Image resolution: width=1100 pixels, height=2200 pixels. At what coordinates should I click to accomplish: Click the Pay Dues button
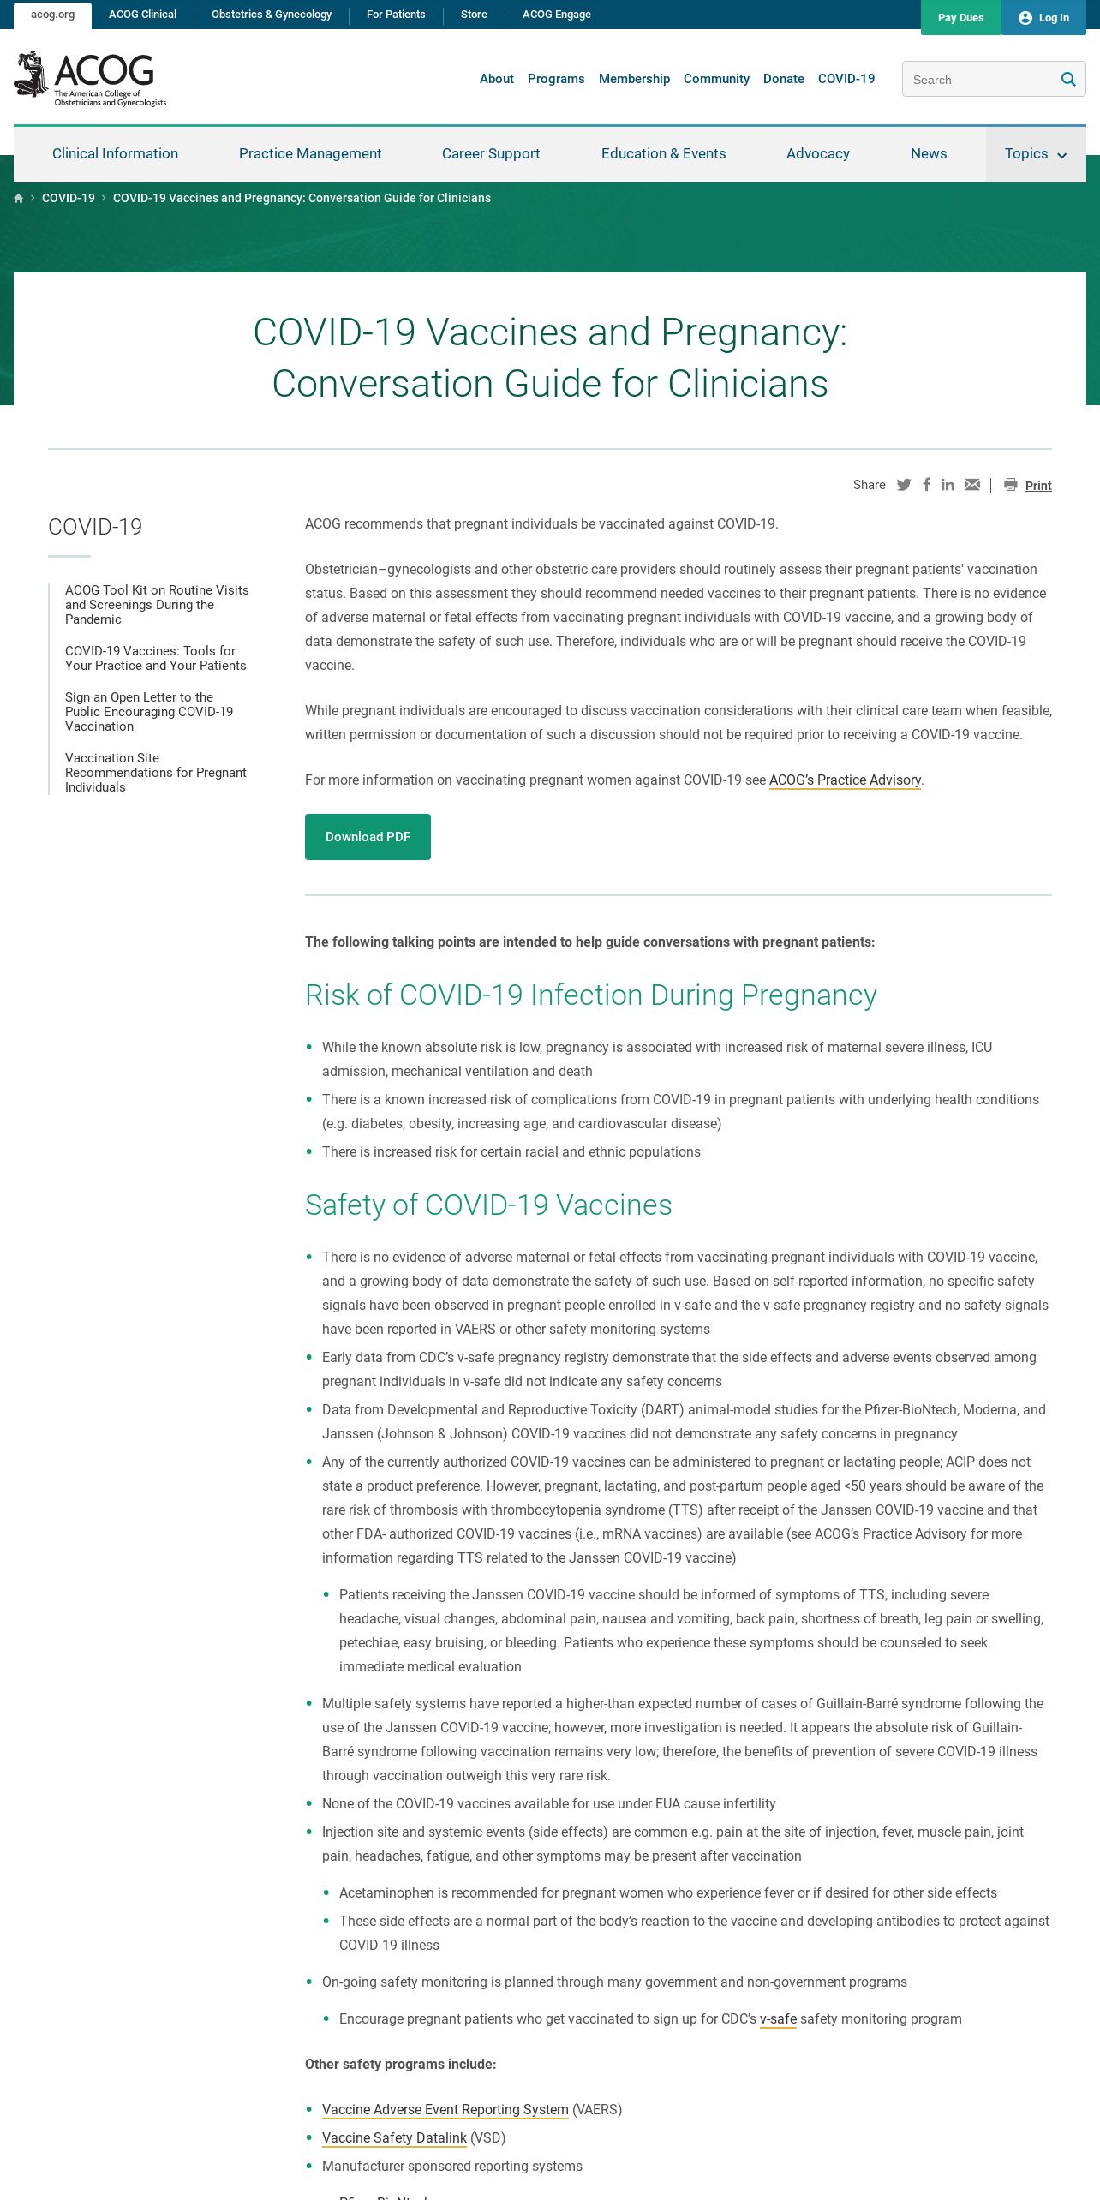click(960, 17)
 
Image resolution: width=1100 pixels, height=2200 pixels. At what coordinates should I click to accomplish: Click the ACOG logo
click(91, 79)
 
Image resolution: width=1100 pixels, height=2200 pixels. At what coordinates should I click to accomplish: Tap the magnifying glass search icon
click(1068, 80)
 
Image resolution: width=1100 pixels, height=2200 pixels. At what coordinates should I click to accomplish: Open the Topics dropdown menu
click(1035, 154)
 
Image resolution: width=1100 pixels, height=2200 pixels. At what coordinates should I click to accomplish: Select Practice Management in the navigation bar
click(310, 154)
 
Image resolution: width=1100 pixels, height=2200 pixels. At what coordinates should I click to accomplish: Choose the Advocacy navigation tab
click(818, 154)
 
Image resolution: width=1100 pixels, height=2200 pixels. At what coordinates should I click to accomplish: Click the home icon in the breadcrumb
click(19, 199)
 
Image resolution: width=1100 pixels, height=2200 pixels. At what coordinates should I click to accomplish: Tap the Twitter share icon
click(904, 485)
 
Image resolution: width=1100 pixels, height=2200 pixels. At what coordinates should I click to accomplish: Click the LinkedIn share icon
click(948, 485)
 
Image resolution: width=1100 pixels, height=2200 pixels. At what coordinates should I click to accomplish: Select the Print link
click(1038, 486)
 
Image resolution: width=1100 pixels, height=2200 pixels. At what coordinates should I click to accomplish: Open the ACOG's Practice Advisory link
click(845, 780)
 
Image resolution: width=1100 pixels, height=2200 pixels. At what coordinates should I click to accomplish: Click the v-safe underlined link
click(778, 2019)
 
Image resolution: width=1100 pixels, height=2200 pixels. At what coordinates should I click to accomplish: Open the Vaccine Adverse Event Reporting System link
click(445, 2109)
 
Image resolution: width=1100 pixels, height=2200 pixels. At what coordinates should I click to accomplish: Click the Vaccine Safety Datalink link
click(394, 2137)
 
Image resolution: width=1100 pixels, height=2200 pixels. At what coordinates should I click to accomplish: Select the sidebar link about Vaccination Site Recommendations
click(156, 773)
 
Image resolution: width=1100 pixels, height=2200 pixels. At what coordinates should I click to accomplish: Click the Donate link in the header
click(784, 79)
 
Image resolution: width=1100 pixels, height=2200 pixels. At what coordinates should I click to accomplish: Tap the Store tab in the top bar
click(474, 15)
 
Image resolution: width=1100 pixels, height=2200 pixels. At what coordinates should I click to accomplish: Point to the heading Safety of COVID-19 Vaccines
click(488, 1205)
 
